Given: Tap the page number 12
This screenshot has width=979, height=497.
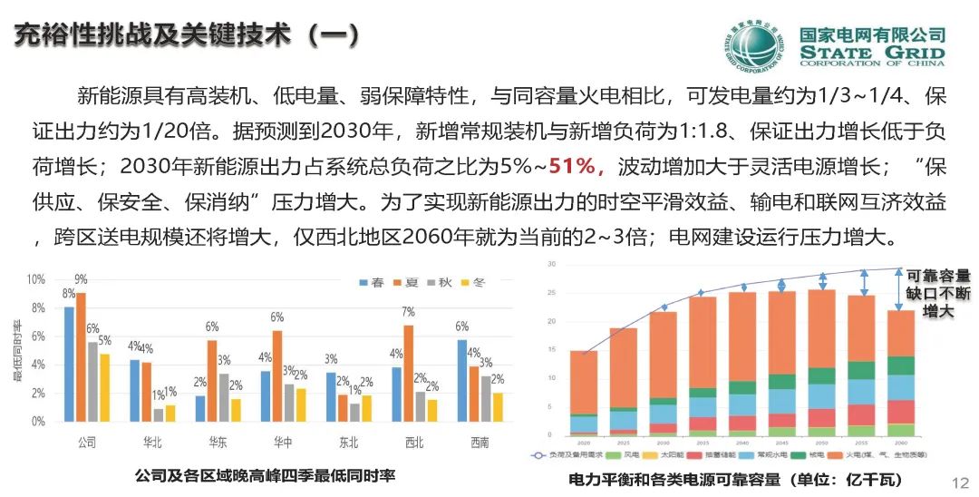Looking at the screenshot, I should (962, 481).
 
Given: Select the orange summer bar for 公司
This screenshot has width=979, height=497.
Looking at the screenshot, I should (81, 357).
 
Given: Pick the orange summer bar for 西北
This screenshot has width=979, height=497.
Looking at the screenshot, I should (408, 374).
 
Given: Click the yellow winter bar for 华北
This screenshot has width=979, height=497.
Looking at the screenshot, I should (171, 414).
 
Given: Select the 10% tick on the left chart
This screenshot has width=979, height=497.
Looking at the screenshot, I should (37, 279).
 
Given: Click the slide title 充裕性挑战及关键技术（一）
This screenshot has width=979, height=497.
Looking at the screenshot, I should (188, 35).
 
